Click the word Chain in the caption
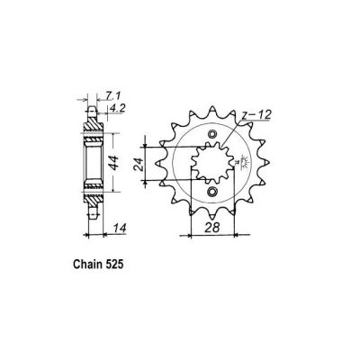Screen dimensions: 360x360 tap(85, 269)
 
